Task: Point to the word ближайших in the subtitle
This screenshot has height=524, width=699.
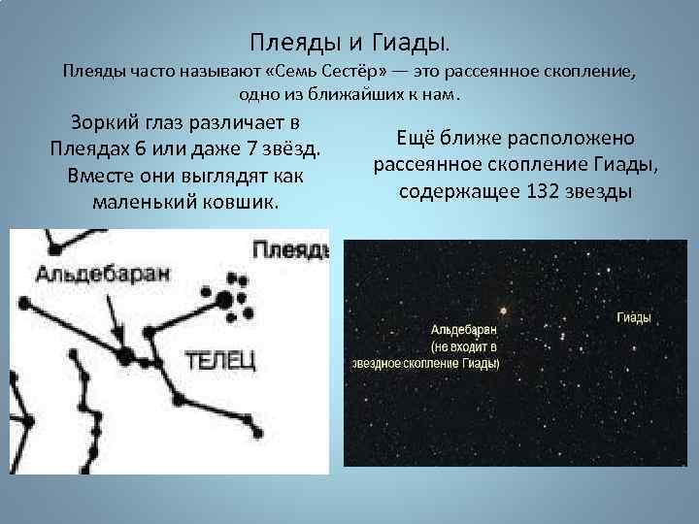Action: click(341, 95)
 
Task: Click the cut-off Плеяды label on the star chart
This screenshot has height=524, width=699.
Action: click(290, 251)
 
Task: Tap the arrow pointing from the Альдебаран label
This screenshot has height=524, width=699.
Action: click(116, 320)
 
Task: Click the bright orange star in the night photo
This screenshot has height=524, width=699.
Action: click(503, 311)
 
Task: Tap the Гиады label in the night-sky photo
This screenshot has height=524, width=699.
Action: click(634, 318)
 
